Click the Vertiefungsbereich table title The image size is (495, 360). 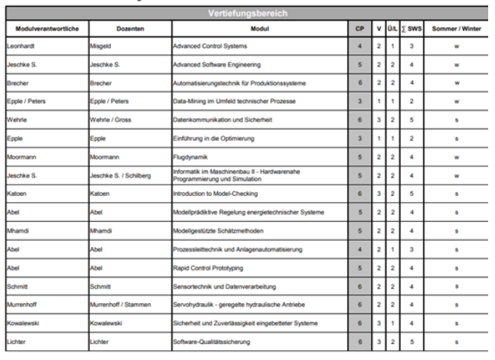pos(247,13)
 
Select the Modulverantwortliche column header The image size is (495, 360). pos(43,28)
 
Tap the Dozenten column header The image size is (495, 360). pos(130,28)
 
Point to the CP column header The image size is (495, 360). pos(359,28)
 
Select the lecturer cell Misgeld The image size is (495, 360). pos(103,46)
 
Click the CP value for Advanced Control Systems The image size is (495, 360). pos(359,46)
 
